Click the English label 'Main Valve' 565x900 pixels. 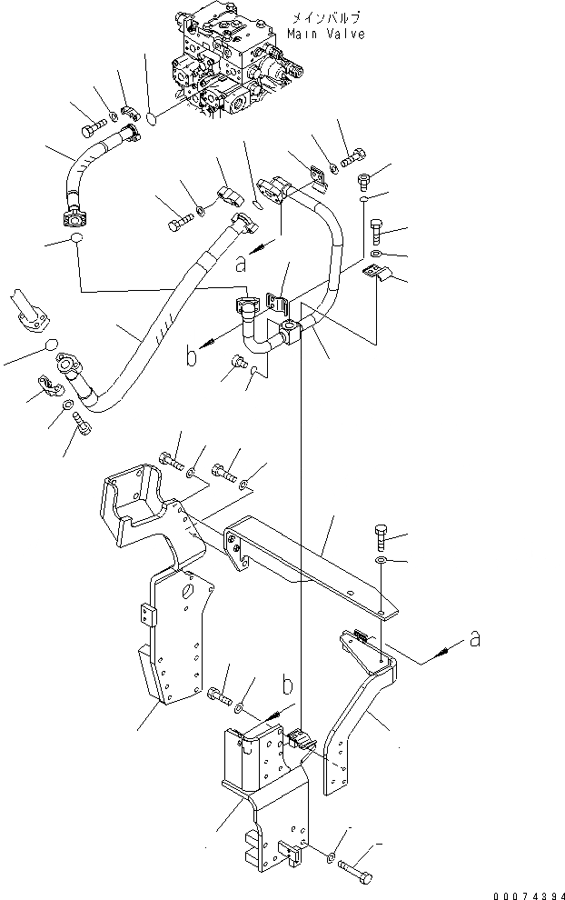coord(326,34)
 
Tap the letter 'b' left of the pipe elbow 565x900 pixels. coord(192,357)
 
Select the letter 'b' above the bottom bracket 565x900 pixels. coord(288,685)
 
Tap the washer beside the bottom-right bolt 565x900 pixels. coord(330,856)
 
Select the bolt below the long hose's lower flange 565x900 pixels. coord(83,423)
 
